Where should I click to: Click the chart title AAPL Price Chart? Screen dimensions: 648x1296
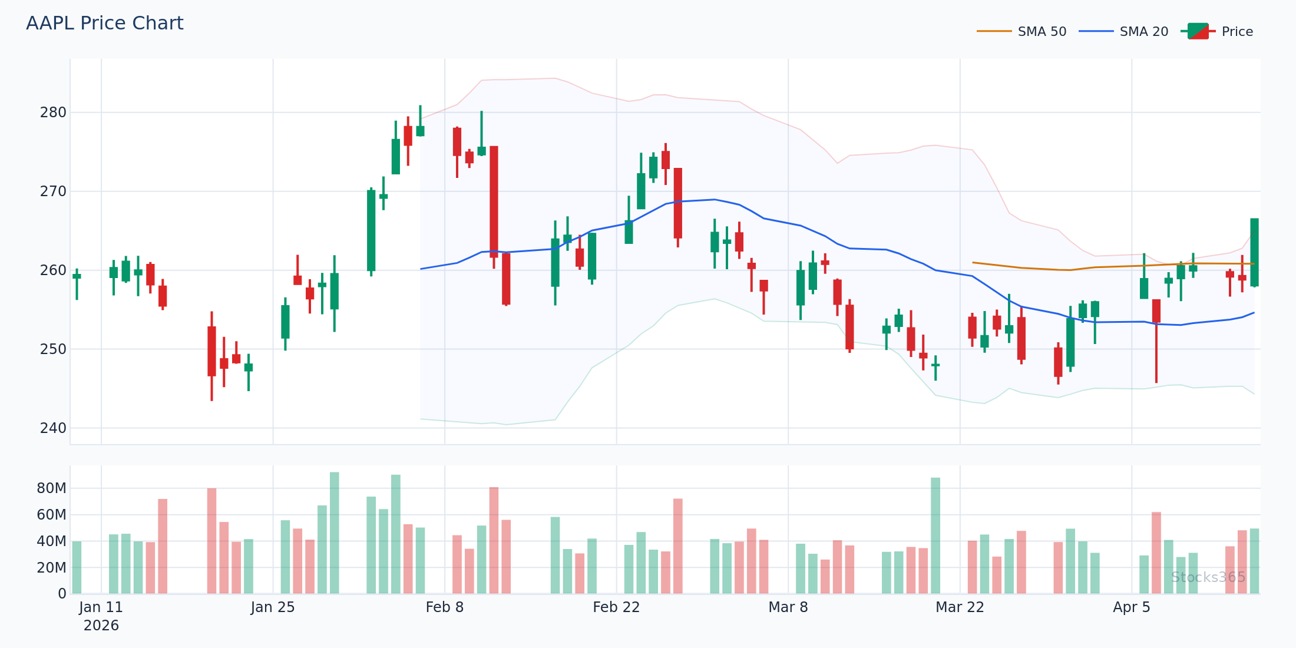coord(105,24)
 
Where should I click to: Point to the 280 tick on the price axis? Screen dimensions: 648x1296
coord(53,113)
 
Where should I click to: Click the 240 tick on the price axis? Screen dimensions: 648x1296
coord(53,428)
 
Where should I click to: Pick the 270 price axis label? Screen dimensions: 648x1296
coord(53,191)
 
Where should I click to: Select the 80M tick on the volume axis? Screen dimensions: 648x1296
coord(51,488)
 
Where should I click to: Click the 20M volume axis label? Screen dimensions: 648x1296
coord(51,568)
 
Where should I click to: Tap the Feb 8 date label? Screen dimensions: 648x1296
coord(445,607)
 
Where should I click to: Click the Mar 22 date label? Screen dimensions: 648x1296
coord(960,607)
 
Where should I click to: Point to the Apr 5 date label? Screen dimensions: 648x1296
coord(1131,607)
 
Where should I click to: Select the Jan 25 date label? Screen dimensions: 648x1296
coord(273,607)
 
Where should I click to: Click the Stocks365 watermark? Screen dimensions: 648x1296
coord(1208,577)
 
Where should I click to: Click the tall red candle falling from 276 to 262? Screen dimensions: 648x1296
coord(494,201)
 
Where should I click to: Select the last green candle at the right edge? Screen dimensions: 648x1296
coord(1254,252)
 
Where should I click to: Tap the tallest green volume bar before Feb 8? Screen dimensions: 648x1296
coord(334,533)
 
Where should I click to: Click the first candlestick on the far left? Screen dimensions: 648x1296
coord(77,276)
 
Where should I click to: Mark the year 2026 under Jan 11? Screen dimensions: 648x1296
coord(101,626)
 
